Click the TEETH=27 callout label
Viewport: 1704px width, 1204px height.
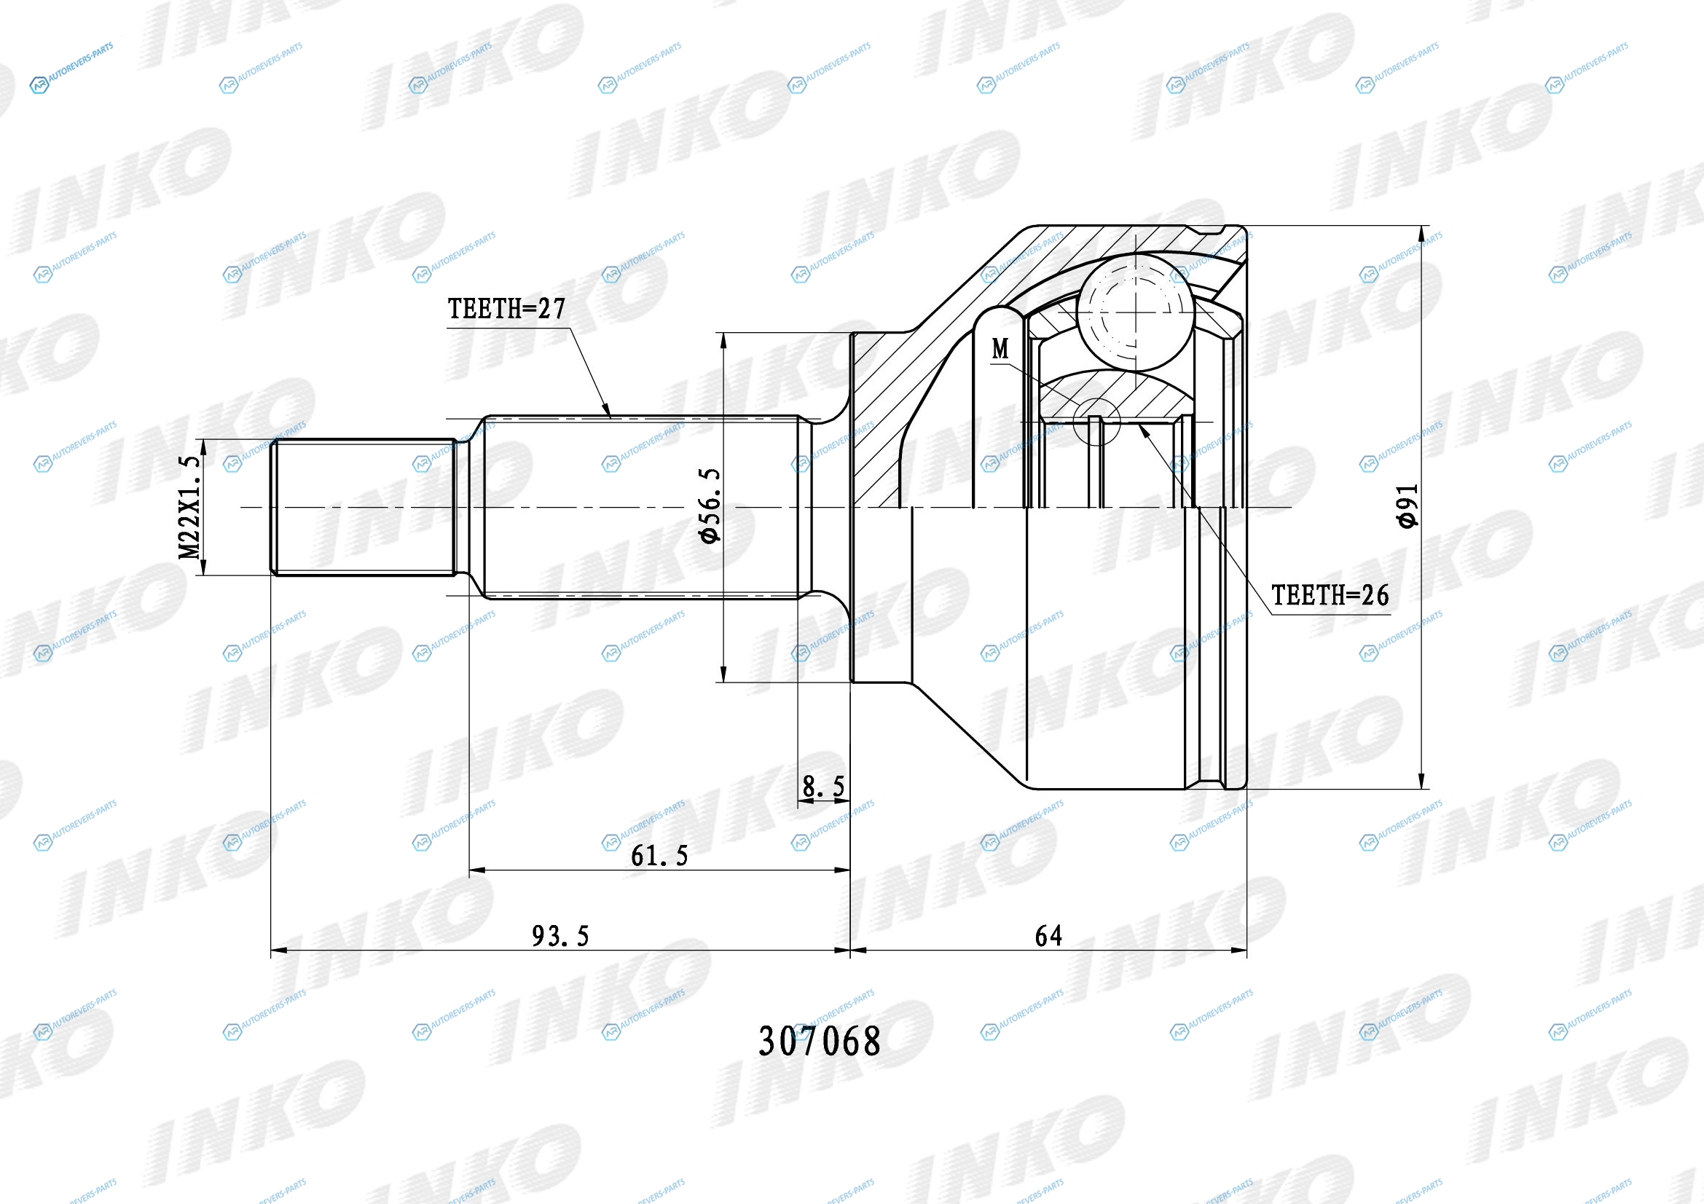(x=506, y=309)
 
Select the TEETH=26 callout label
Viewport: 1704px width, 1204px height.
(x=1330, y=595)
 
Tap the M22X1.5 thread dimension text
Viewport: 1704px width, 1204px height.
(x=190, y=508)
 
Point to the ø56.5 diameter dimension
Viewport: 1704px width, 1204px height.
(x=710, y=505)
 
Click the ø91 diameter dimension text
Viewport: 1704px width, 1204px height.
(x=1407, y=506)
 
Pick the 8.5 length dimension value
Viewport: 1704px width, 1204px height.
(x=824, y=787)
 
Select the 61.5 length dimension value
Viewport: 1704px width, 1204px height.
(x=659, y=856)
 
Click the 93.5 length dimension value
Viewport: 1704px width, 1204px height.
(x=560, y=936)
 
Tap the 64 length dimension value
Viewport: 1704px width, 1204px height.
(x=1048, y=936)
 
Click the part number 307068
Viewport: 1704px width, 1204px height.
(x=820, y=1042)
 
